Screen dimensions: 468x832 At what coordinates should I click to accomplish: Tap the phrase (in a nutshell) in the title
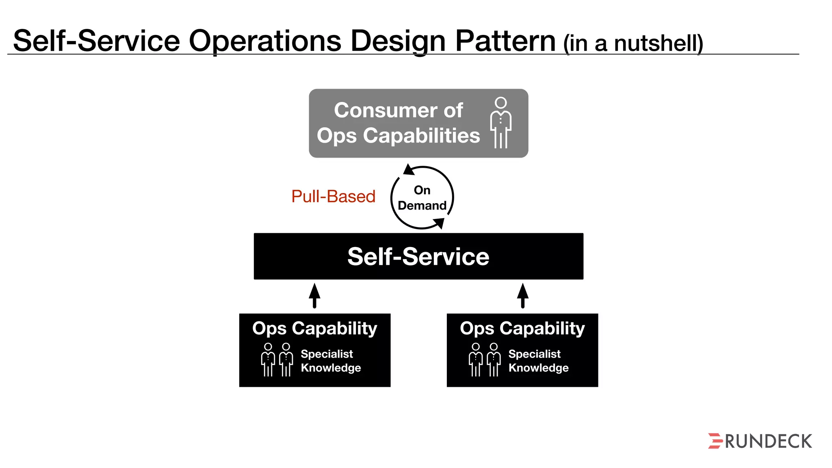tap(633, 43)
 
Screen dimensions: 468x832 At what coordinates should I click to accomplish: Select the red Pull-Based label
tap(333, 197)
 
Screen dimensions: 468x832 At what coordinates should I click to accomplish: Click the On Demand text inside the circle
tap(422, 198)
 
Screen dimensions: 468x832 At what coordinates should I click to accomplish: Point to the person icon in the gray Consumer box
tap(501, 123)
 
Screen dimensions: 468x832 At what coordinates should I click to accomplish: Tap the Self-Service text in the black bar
tap(418, 257)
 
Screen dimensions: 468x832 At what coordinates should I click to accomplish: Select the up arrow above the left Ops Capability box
tap(314, 295)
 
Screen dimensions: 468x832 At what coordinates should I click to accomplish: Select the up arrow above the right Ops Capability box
tap(523, 295)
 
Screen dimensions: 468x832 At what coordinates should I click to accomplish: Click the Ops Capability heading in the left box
tap(314, 328)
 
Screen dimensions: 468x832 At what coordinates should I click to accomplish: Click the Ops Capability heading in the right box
tap(522, 328)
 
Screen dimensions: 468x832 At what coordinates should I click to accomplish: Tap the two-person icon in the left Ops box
tap(277, 360)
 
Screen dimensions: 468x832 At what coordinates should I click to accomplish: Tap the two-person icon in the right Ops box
tap(485, 360)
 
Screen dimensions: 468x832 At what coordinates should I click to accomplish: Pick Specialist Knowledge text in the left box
tap(331, 361)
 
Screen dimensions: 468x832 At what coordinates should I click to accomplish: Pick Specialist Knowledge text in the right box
tap(538, 361)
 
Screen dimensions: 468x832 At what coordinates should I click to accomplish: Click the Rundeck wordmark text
tap(768, 442)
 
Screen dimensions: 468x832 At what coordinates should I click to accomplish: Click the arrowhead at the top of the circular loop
tap(408, 170)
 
